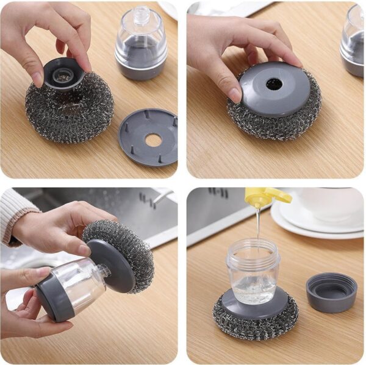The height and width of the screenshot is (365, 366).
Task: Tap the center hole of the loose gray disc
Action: tap(153, 140)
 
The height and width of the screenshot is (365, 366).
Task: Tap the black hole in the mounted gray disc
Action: tap(274, 85)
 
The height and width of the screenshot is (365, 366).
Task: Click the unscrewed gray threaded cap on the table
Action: tap(331, 292)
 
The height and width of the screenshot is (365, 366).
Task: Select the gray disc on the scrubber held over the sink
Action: tap(110, 264)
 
